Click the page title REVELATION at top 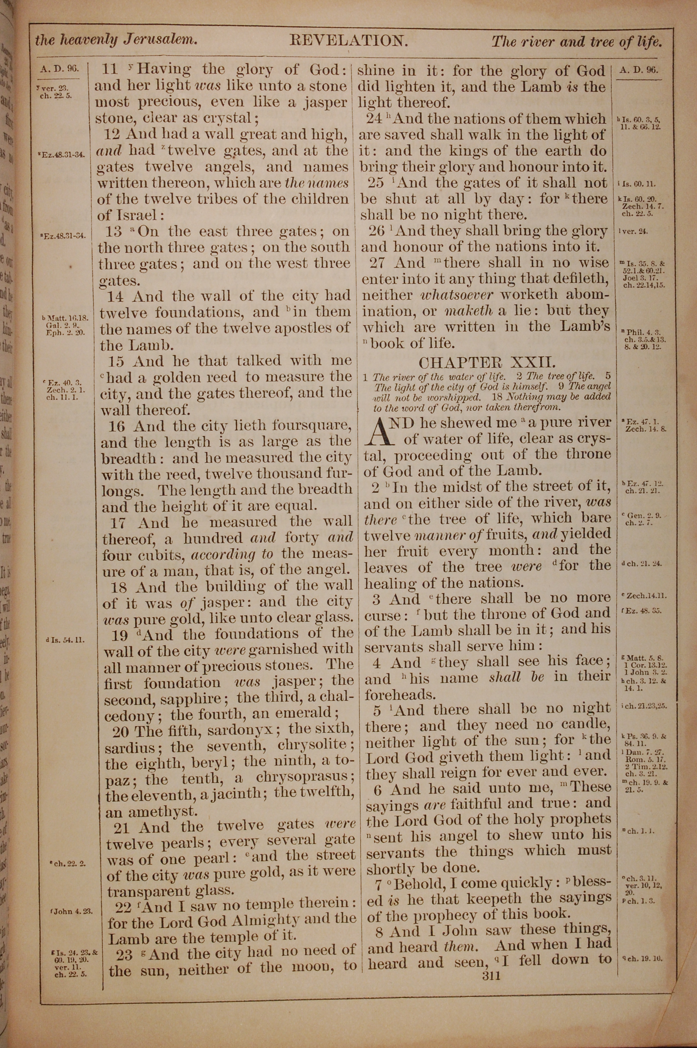point(348,41)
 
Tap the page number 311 point(487,963)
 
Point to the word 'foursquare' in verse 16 point(312,426)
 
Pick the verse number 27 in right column point(377,263)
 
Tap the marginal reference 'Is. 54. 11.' point(66,640)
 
